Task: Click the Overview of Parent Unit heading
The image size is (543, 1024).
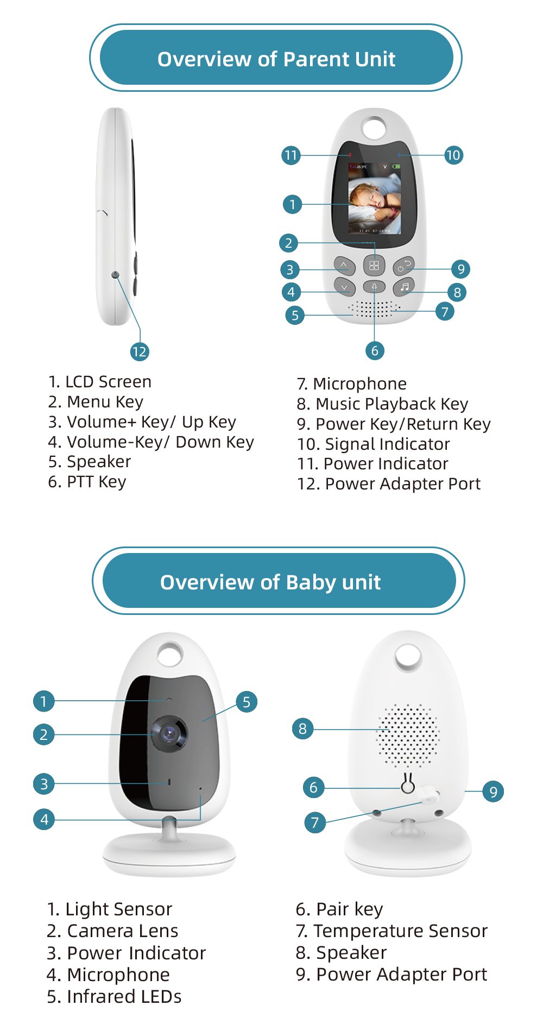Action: [x=276, y=59]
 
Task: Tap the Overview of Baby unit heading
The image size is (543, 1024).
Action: [x=270, y=582]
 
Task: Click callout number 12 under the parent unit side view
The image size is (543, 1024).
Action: [x=140, y=351]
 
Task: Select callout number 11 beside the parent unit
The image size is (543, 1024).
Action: [x=291, y=155]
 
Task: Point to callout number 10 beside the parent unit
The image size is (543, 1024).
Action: [x=453, y=155]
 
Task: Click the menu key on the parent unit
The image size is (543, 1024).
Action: [x=374, y=266]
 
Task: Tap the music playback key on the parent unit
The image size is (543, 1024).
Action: [x=404, y=286]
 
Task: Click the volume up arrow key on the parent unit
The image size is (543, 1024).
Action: [x=344, y=266]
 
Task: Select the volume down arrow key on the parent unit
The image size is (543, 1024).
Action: [x=344, y=286]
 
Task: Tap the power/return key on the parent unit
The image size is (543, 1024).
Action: [x=404, y=266]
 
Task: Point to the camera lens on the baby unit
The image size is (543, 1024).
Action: [x=169, y=733]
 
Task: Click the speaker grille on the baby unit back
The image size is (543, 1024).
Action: [x=408, y=736]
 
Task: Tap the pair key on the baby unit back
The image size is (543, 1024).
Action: [x=408, y=785]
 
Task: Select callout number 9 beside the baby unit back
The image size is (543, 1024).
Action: [x=493, y=791]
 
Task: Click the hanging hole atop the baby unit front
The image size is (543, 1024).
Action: [x=170, y=654]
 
